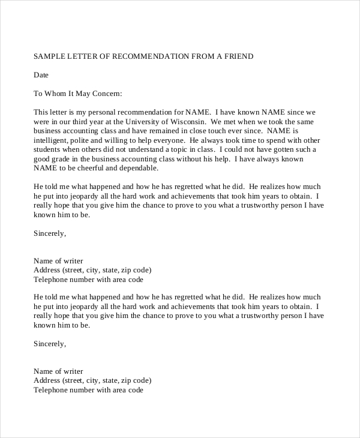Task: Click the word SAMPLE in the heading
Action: [x=49, y=56]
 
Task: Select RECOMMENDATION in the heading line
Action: [x=155, y=56]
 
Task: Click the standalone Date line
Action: [x=41, y=75]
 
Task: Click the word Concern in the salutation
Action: [x=106, y=94]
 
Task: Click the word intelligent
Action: [x=51, y=140]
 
